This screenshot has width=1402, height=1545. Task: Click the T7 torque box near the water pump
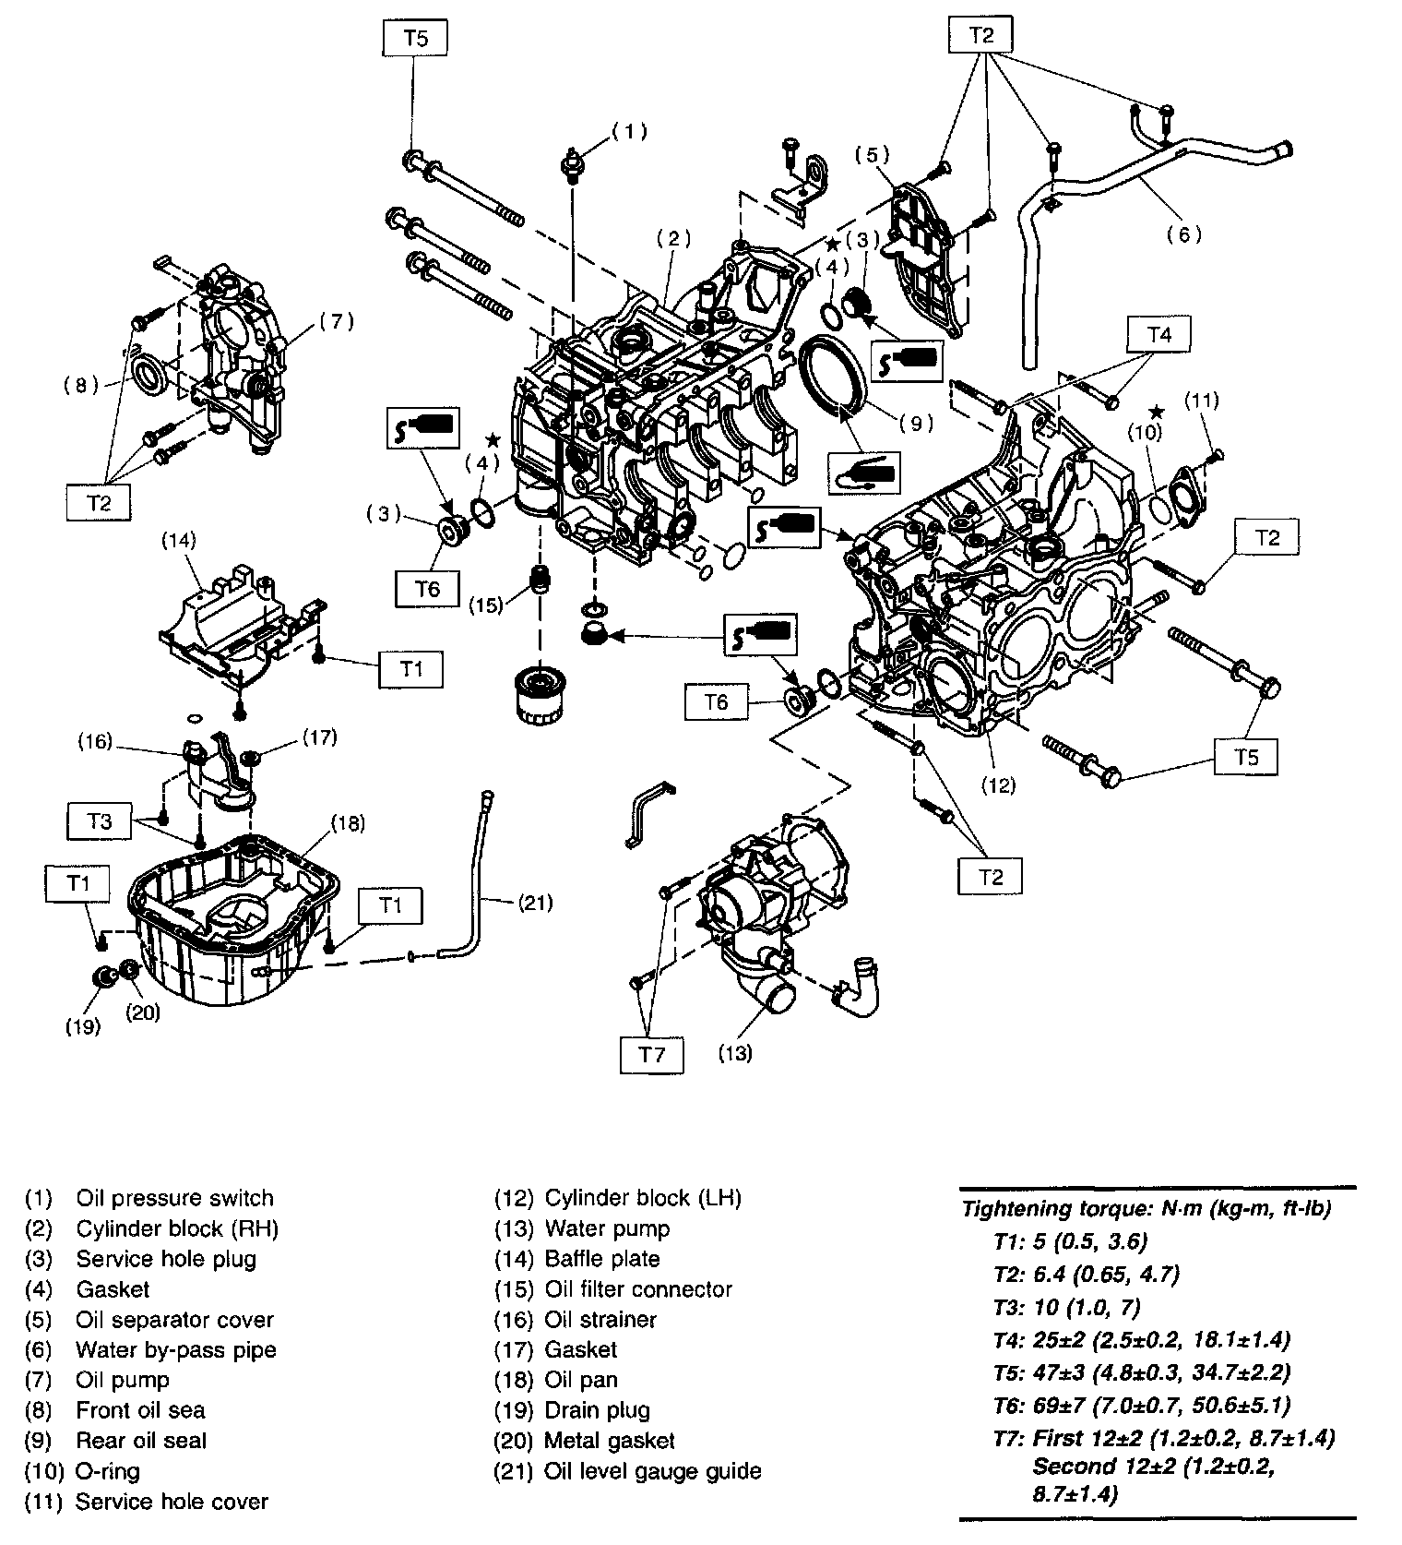click(x=651, y=1053)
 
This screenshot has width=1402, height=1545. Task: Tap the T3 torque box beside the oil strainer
click(x=100, y=820)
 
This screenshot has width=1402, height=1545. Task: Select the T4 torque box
click(x=1158, y=334)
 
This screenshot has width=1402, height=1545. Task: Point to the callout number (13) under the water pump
click(x=736, y=1052)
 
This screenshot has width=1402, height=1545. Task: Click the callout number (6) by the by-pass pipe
click(x=1183, y=234)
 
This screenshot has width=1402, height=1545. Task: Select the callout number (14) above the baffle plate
click(x=179, y=539)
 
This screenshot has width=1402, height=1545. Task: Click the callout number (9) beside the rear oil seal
click(x=914, y=424)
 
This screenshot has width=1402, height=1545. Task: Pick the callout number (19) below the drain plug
click(x=83, y=1026)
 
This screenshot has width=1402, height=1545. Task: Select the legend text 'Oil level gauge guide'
click(x=653, y=1470)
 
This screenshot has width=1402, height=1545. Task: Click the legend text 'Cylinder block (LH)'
click(x=643, y=1198)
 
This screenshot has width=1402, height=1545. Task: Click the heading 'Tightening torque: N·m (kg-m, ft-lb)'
click(x=1147, y=1209)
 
